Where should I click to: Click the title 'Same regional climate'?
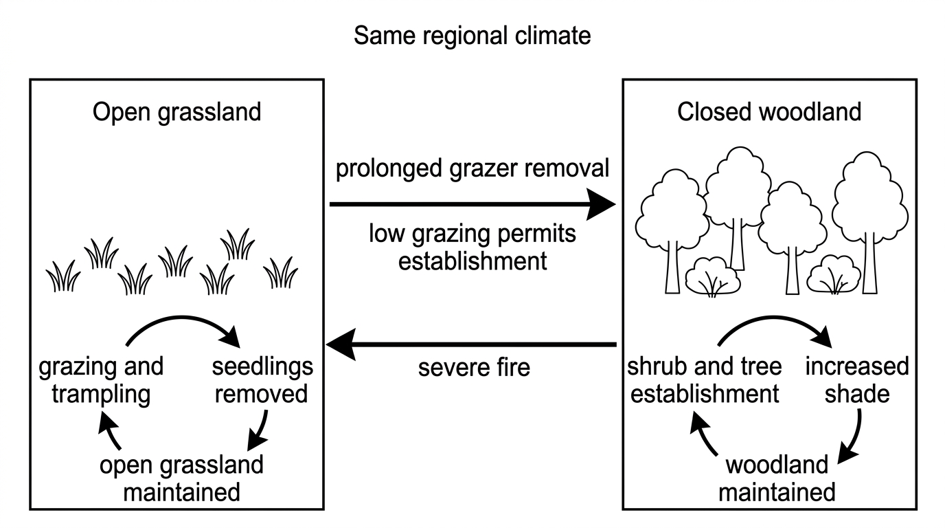(472, 36)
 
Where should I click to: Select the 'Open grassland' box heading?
(177, 112)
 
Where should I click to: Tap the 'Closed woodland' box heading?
(769, 112)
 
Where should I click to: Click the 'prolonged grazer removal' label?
(472, 169)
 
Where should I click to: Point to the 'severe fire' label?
(474, 368)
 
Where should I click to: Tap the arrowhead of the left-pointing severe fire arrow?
(341, 344)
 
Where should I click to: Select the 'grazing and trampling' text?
(101, 380)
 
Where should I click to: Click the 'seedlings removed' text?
(262, 379)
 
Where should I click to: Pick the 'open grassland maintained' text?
(181, 478)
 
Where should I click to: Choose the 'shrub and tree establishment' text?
(704, 379)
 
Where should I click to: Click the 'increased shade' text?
(857, 379)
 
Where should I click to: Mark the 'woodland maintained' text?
(777, 478)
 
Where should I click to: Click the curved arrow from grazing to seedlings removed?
(181, 317)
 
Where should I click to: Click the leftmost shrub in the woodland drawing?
(712, 276)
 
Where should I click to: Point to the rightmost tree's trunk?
(870, 264)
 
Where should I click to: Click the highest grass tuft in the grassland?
(238, 244)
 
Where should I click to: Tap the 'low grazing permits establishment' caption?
(473, 247)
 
